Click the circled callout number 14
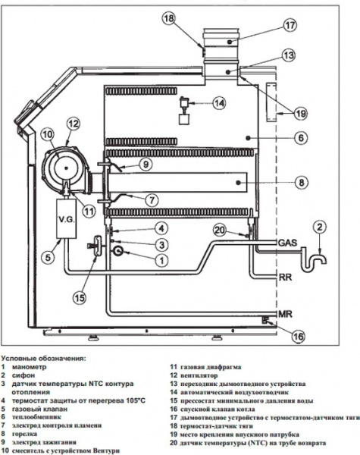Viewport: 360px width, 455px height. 219,103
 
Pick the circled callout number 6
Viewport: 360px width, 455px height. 301,138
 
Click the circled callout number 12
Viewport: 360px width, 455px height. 73,123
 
